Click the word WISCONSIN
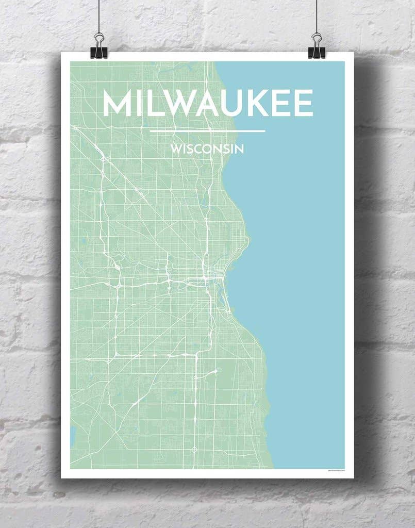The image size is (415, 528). click(x=207, y=150)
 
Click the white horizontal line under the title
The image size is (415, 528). click(x=207, y=131)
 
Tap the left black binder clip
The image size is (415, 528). click(x=99, y=46)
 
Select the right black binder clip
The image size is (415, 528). click(x=317, y=46)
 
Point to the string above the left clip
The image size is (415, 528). click(x=98, y=15)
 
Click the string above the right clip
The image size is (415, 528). click(x=316, y=15)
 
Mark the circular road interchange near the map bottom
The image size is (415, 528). click(x=194, y=450)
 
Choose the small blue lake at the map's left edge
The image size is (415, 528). click(x=73, y=436)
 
